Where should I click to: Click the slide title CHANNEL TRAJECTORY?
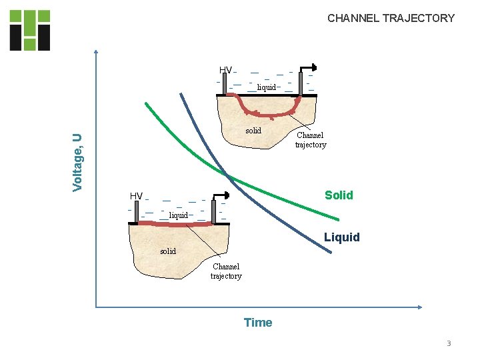pyautogui.click(x=391, y=19)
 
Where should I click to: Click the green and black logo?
pyautogui.click(x=30, y=30)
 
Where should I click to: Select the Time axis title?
pyautogui.click(x=258, y=323)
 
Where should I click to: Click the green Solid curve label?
pyautogui.click(x=339, y=195)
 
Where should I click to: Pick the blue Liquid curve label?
pyautogui.click(x=341, y=237)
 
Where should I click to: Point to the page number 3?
pyautogui.click(x=449, y=343)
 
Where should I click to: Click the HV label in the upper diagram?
pyautogui.click(x=225, y=70)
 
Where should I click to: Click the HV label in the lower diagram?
pyautogui.click(x=136, y=196)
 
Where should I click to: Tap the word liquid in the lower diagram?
pyautogui.click(x=178, y=215)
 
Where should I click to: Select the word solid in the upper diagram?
pyautogui.click(x=253, y=131)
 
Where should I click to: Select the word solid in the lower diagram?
pyautogui.click(x=168, y=251)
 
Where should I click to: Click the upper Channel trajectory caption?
pyautogui.click(x=311, y=140)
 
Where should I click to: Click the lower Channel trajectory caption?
pyautogui.click(x=226, y=271)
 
